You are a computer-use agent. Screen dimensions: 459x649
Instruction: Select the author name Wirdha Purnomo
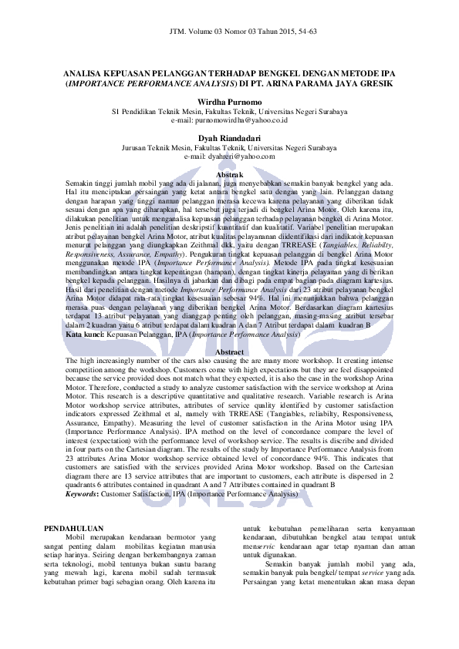[229, 102]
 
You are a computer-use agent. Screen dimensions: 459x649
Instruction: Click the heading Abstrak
[229, 174]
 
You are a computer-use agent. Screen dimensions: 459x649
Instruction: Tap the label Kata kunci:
[85, 335]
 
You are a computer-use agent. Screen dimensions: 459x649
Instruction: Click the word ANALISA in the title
[81, 71]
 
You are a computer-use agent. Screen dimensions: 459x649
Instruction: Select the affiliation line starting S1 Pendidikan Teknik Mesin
[229, 111]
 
